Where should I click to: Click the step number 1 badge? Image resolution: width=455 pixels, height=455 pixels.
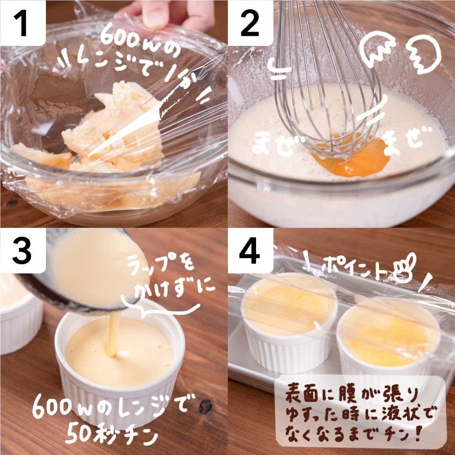[x=23, y=23]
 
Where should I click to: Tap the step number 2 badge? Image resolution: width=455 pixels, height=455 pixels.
[x=250, y=23]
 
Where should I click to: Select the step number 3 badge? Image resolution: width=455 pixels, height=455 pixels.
[x=23, y=250]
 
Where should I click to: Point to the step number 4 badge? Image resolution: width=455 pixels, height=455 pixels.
[x=250, y=250]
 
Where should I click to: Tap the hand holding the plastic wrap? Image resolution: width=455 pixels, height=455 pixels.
[x=168, y=14]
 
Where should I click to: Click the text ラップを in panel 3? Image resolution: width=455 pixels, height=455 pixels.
[x=161, y=265]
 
